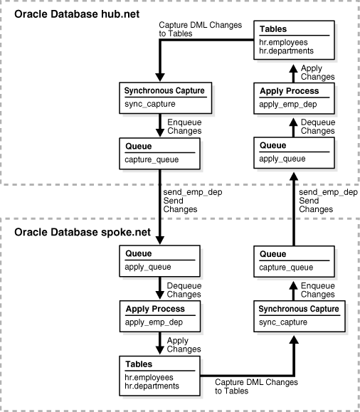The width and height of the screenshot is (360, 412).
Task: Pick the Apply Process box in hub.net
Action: click(x=292, y=97)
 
